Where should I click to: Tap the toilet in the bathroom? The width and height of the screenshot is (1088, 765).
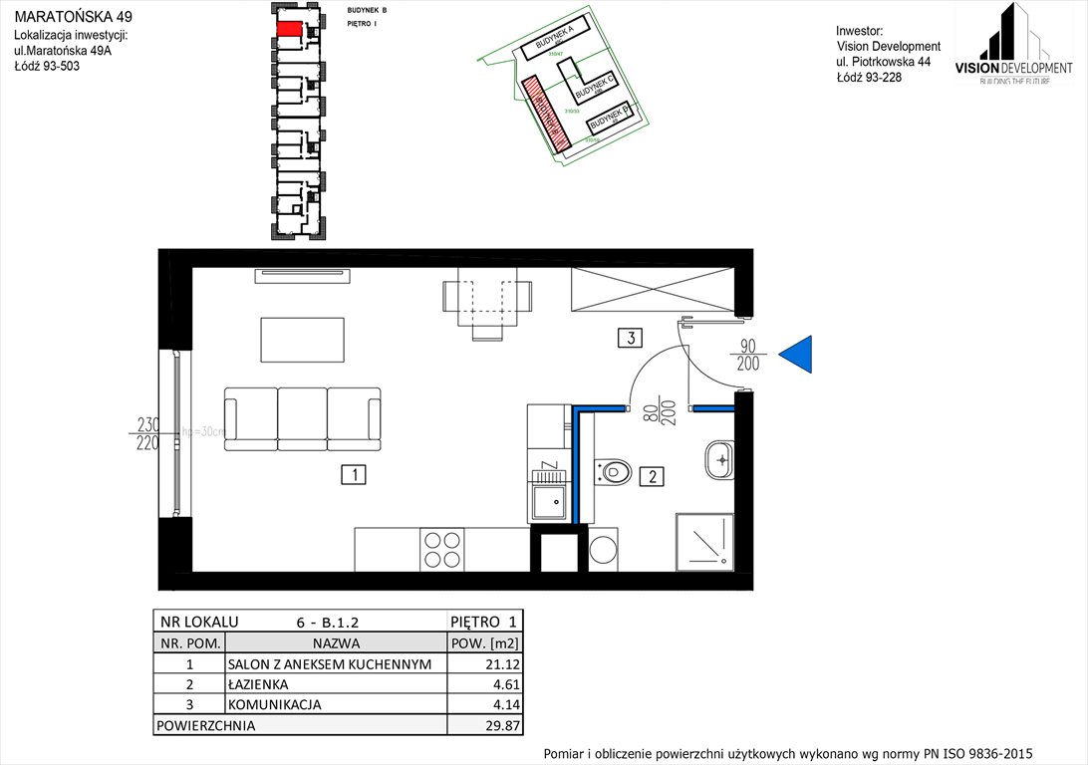pyautogui.click(x=614, y=470)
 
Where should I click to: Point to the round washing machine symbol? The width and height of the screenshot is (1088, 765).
pyautogui.click(x=604, y=549)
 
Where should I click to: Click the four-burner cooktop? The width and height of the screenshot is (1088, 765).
pyautogui.click(x=443, y=549)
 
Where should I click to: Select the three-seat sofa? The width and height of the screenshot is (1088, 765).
pyautogui.click(x=303, y=419)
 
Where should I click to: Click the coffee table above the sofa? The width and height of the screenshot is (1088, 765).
pyautogui.click(x=303, y=339)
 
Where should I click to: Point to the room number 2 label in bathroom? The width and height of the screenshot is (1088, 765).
pyautogui.click(x=652, y=476)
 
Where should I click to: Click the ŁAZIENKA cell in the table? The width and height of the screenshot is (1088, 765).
pyautogui.click(x=257, y=685)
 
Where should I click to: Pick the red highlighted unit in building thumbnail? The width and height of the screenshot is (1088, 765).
pyautogui.click(x=288, y=29)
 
